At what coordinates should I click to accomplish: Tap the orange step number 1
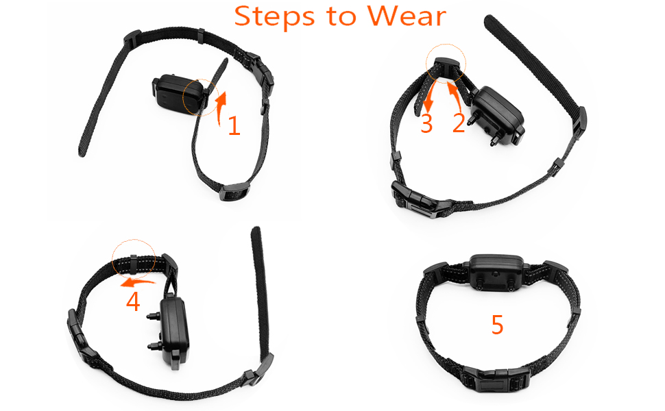[x=234, y=125]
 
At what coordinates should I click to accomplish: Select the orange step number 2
[x=459, y=123]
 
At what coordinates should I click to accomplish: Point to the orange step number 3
[x=427, y=123]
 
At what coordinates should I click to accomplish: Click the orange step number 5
[x=498, y=325]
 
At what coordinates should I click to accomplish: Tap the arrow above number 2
[x=456, y=96]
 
